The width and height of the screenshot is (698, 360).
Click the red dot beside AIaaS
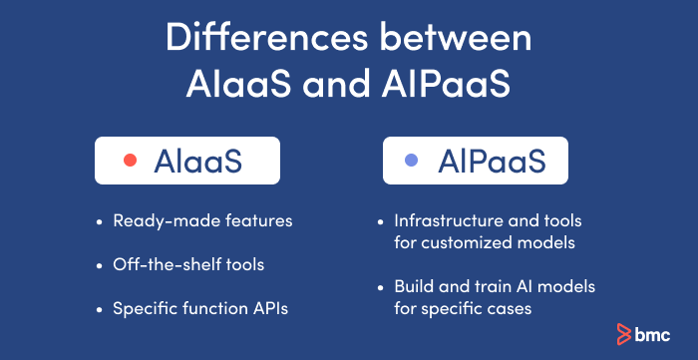point(129,161)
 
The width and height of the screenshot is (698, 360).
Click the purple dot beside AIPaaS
point(410,161)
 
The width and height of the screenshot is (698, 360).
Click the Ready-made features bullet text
point(202,220)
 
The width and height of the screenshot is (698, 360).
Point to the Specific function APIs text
point(200,308)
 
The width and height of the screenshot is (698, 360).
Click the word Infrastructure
point(441,220)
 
